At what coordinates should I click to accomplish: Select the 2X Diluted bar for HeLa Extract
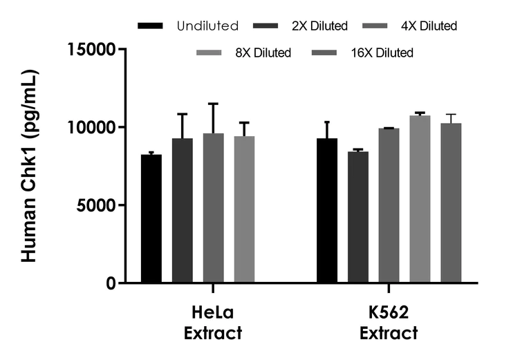pos(183,210)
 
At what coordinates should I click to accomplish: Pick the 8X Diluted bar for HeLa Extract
pos(244,209)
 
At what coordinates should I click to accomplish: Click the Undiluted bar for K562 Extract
pos(327,210)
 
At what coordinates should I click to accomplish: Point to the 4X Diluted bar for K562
pos(389,205)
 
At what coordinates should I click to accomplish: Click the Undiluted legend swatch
pos(151,26)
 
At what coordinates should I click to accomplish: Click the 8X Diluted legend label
pos(262,53)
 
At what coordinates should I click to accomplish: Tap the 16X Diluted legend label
pos(381,53)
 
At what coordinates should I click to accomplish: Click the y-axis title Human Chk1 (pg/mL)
pos(29,166)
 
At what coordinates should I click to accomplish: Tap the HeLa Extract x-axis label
pos(213,323)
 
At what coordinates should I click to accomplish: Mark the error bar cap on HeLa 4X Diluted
pos(214,104)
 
